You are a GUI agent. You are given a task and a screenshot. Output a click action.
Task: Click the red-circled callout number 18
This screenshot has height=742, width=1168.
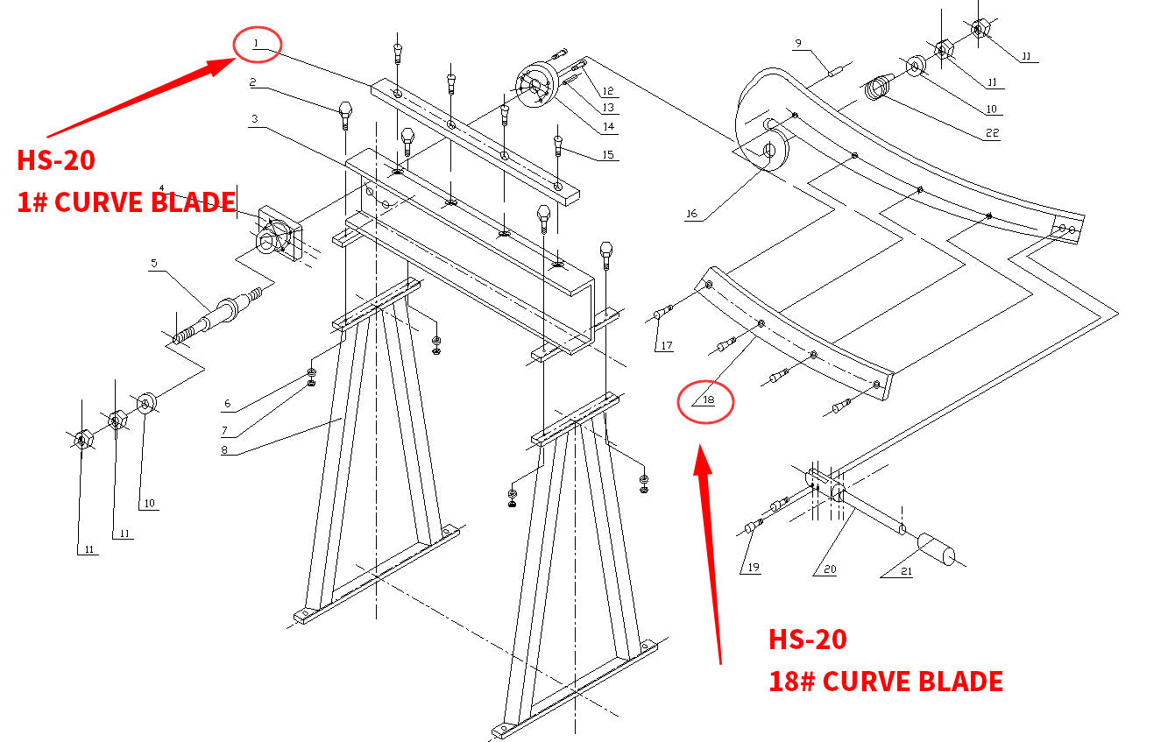point(708,400)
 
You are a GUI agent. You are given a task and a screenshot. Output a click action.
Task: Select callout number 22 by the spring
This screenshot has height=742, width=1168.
point(991,133)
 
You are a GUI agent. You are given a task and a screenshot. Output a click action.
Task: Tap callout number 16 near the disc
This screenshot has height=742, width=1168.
point(692,214)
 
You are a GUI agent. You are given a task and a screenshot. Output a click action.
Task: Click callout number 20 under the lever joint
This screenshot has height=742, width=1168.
point(830,569)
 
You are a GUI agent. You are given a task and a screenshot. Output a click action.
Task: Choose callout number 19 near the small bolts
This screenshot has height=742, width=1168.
point(753,568)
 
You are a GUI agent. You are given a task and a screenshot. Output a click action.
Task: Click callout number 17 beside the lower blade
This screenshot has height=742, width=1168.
point(667,345)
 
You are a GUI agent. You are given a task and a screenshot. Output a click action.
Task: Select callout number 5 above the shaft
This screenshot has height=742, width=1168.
point(153,262)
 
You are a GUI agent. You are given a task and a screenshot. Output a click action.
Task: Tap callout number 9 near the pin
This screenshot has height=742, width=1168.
point(798,43)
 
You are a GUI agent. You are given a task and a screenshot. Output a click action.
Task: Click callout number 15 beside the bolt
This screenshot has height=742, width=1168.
point(609,155)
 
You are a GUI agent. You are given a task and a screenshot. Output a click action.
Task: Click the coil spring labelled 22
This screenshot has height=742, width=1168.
point(877,88)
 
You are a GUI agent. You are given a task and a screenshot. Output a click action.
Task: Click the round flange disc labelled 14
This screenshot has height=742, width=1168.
point(534,85)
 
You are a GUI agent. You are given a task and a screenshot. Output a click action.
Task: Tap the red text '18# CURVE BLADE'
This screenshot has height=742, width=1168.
point(885,681)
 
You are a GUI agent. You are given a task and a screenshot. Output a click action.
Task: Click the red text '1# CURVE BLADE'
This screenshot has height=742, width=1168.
point(127,202)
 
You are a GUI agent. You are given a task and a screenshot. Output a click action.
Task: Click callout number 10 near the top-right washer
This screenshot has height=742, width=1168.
point(991,110)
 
